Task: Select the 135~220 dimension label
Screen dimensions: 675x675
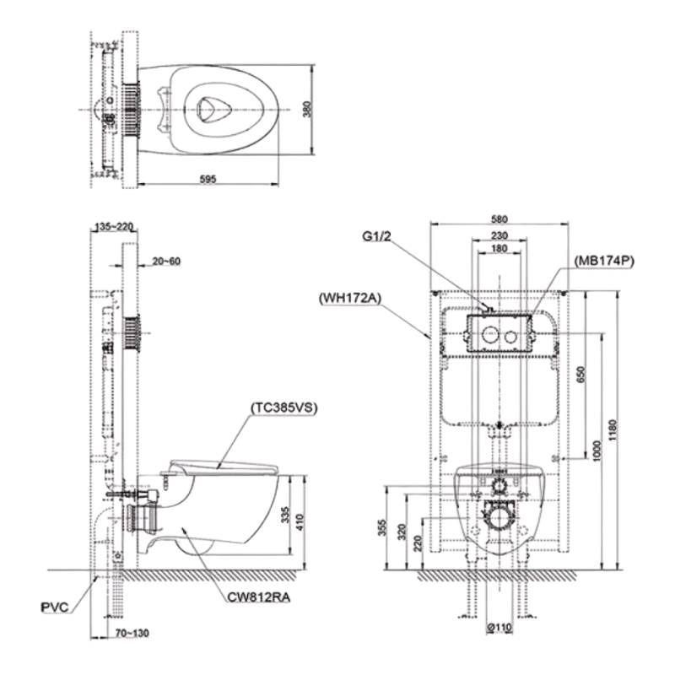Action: click(115, 226)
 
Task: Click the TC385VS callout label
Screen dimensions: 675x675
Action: click(283, 407)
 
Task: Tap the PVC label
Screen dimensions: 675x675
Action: click(54, 606)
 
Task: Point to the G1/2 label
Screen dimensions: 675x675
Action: click(375, 237)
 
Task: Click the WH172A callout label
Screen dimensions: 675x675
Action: click(349, 297)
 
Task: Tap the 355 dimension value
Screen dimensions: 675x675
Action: click(385, 530)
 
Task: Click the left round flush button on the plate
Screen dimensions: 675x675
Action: click(488, 335)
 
